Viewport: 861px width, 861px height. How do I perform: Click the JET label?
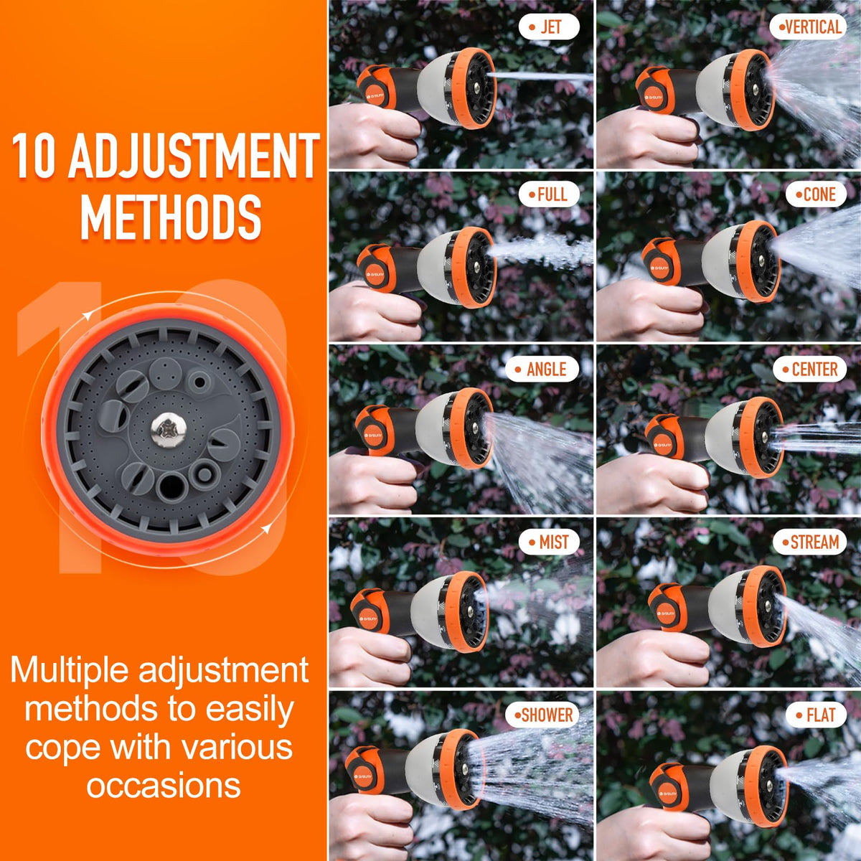tap(549, 27)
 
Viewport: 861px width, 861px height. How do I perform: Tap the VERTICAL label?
tap(809, 27)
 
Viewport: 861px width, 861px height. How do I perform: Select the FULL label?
tap(549, 194)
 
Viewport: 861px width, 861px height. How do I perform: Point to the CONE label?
tap(816, 194)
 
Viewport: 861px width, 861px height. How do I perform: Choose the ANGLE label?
tap(542, 369)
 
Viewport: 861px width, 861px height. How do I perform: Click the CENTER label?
tap(809, 369)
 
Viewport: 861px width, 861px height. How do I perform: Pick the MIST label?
tap(549, 542)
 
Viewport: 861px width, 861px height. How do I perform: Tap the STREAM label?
tap(809, 542)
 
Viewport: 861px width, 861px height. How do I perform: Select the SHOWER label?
tap(542, 715)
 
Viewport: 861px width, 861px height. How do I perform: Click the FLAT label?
tap(816, 715)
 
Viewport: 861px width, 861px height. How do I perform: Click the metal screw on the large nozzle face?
tap(168, 430)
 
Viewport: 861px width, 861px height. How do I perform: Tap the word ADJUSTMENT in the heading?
tap(194, 156)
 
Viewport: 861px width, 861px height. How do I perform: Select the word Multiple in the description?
tap(70, 670)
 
